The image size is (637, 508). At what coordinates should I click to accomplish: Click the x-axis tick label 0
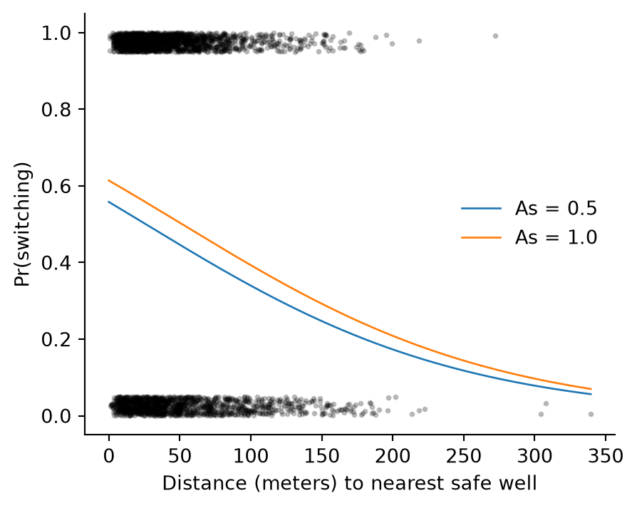(108, 456)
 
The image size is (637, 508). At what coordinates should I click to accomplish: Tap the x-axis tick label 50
(180, 456)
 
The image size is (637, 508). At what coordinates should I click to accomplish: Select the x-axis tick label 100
(251, 456)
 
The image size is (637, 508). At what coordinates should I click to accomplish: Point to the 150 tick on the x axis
(322, 456)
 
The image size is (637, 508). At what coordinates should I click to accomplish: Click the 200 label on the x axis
(393, 456)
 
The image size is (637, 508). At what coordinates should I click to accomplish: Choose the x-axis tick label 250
(464, 456)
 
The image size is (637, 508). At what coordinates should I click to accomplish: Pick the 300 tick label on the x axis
(534, 456)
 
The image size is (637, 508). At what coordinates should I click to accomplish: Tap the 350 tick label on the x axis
(606, 456)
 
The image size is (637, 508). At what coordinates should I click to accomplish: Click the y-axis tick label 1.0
(56, 33)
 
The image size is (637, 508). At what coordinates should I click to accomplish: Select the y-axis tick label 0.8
(56, 110)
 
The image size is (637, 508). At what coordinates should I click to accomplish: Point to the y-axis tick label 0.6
(56, 187)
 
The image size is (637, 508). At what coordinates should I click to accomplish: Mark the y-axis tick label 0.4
(56, 263)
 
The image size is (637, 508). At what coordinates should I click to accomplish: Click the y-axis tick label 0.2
(56, 339)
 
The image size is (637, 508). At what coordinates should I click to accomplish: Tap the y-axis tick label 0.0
(56, 416)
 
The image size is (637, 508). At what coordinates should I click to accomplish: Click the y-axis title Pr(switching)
(22, 224)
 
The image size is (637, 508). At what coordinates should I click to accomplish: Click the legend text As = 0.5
(556, 208)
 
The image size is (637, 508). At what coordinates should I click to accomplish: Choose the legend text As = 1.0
(556, 237)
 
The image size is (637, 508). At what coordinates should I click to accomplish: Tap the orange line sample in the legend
(482, 237)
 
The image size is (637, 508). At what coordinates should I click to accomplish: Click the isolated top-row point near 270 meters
(496, 36)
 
